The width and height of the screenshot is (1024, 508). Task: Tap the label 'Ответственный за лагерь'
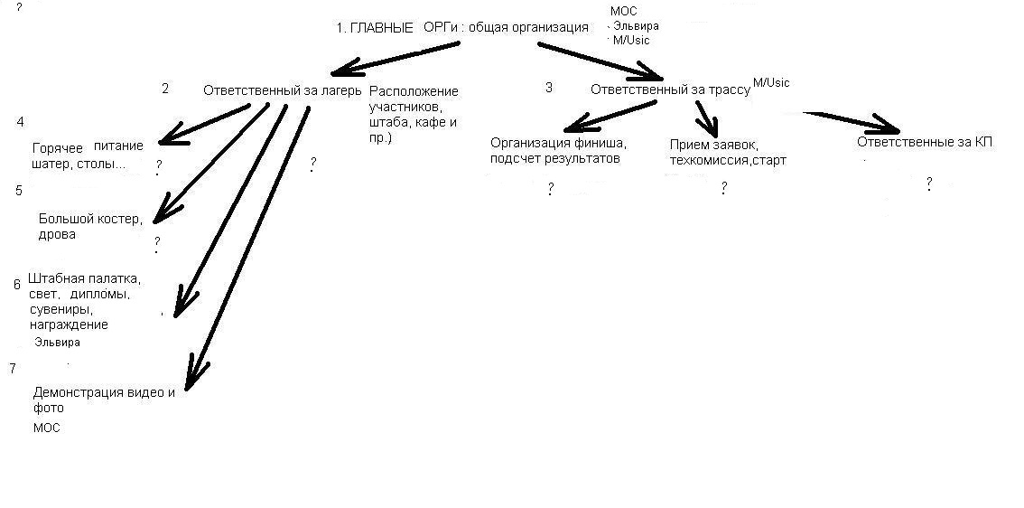[282, 90]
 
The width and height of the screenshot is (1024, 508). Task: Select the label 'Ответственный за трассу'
[670, 90]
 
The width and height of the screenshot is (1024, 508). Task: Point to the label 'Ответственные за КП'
[926, 142]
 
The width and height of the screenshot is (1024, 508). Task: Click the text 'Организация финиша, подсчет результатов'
[559, 150]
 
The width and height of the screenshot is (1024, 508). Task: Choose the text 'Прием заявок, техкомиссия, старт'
[728, 153]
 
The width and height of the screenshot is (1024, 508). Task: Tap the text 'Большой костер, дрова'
[90, 226]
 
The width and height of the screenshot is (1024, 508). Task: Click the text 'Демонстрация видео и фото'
[104, 400]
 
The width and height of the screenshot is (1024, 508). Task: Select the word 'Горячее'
[58, 147]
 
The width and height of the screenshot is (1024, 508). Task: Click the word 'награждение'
[69, 325]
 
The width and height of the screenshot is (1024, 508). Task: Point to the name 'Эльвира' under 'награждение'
[58, 342]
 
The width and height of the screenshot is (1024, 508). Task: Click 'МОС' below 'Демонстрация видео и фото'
[46, 428]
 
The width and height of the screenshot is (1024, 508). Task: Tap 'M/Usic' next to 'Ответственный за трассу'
[771, 82]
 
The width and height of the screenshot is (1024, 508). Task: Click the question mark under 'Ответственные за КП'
[929, 184]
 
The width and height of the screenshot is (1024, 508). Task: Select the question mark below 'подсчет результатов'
[551, 190]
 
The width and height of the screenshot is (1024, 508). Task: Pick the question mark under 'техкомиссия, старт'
[723, 189]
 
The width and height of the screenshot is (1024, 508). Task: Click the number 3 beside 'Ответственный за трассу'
[549, 87]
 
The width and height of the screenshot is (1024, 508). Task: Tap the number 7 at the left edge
[13, 368]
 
